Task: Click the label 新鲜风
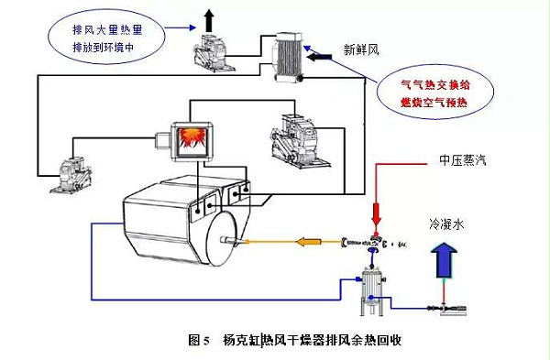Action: click(361, 50)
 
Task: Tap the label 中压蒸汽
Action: click(463, 160)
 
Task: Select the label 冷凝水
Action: click(446, 224)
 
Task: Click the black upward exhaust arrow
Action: click(209, 20)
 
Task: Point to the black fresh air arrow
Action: click(319, 57)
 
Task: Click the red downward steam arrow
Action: click(377, 213)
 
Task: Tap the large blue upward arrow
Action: click(444, 261)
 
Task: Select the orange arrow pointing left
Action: click(308, 242)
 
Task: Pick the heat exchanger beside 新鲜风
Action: click(287, 57)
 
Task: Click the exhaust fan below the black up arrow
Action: click(214, 52)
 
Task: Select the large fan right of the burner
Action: click(299, 141)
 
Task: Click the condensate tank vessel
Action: click(372, 290)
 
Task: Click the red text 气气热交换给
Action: click(435, 84)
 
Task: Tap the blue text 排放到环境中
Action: click(103, 47)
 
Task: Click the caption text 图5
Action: click(199, 340)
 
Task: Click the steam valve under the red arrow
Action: click(377, 242)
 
